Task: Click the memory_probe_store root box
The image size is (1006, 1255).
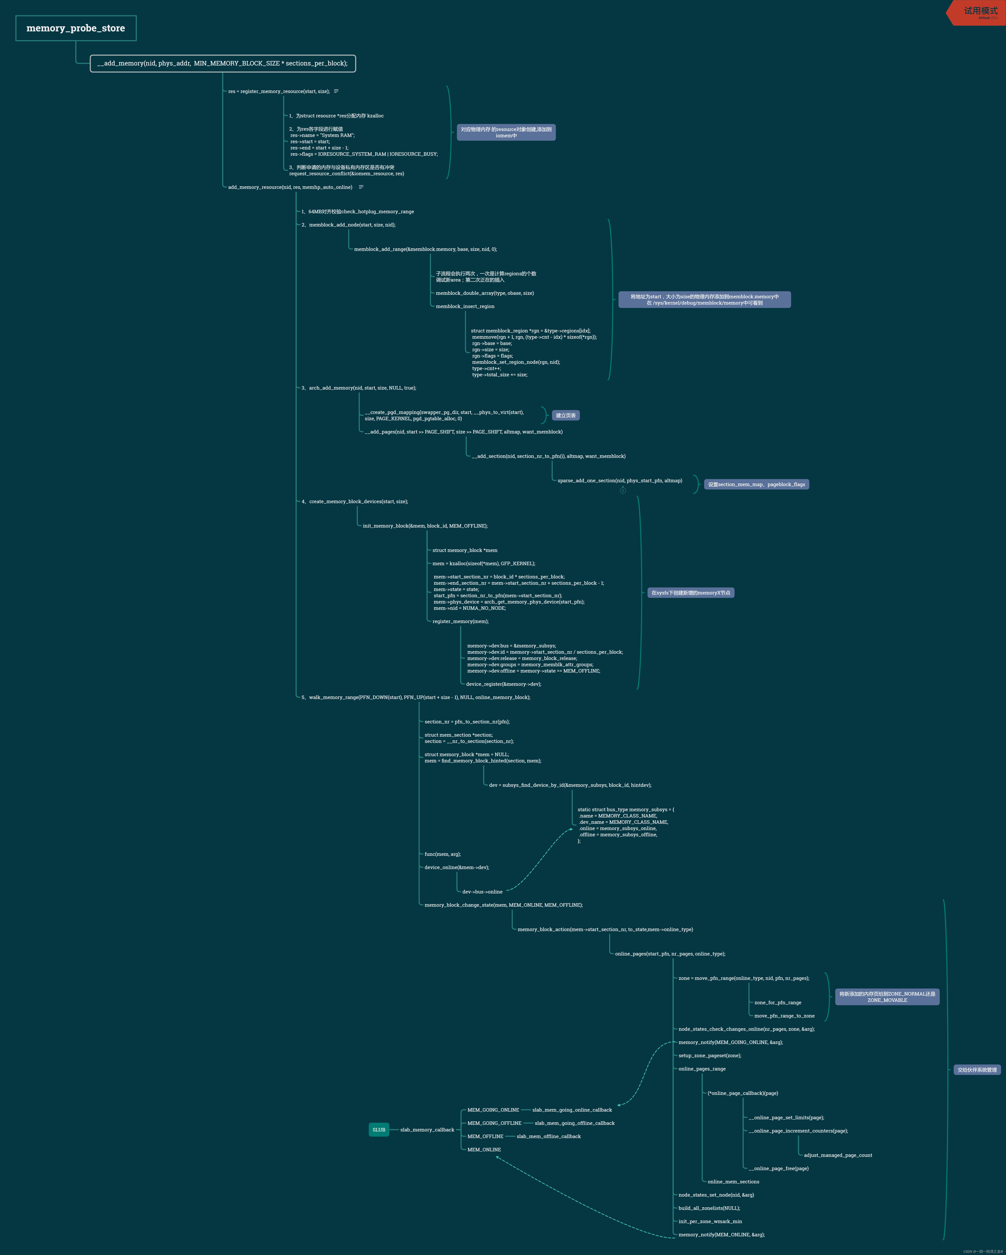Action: pyautogui.click(x=76, y=28)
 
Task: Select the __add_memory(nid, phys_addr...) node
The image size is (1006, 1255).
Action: pyautogui.click(x=222, y=63)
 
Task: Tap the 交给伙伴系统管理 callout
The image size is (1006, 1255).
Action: pyautogui.click(x=977, y=1070)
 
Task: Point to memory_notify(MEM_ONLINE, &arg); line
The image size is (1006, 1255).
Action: pyautogui.click(x=721, y=1235)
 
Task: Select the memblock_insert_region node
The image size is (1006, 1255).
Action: pyautogui.click(x=465, y=306)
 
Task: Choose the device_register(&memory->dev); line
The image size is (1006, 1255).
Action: pyautogui.click(x=503, y=684)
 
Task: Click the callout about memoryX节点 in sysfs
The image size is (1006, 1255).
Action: pyautogui.click(x=691, y=593)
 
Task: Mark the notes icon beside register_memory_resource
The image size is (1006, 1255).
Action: pyautogui.click(x=336, y=91)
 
